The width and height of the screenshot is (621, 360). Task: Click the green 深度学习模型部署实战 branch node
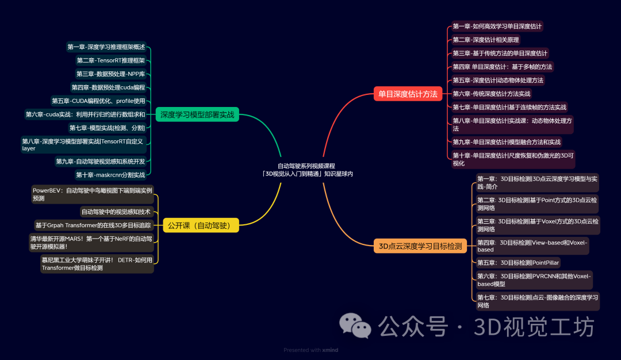197,114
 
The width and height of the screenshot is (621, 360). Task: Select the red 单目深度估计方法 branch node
408,93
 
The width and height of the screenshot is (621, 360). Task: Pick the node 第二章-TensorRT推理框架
111,60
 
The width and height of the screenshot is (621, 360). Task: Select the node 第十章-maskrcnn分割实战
111,174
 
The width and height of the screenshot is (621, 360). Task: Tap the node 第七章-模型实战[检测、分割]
108,128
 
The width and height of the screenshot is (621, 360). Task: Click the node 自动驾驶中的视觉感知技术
116,212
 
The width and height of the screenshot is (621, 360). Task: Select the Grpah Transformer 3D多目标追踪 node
93,225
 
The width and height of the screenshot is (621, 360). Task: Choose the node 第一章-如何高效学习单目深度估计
497,26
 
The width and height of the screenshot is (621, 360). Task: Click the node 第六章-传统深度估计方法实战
492,94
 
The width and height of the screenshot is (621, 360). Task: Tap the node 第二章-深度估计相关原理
486,40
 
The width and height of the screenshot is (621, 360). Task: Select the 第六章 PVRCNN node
534,280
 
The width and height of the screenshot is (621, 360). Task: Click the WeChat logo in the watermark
355,326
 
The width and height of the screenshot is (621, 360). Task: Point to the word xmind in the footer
329,350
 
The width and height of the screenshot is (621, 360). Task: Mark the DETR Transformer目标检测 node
97,263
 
